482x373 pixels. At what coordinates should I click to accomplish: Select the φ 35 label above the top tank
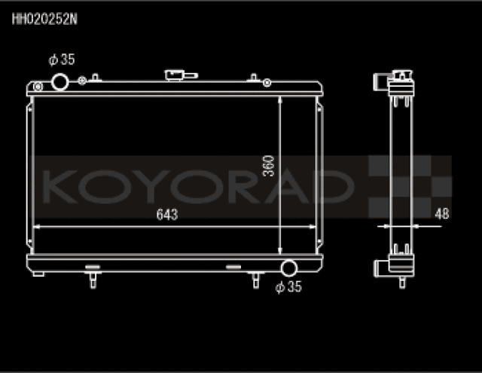click(x=62, y=60)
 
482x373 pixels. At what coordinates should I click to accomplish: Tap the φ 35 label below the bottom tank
click(x=288, y=286)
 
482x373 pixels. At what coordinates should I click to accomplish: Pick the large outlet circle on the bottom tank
click(x=288, y=268)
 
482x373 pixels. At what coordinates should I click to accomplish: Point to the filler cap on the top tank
click(x=179, y=75)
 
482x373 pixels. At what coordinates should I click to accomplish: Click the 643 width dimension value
click(x=166, y=216)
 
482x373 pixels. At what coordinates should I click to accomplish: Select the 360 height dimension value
click(x=268, y=166)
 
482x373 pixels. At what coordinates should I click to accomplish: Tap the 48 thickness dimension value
click(x=441, y=214)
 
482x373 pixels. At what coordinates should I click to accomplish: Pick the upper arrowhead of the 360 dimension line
click(x=280, y=99)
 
